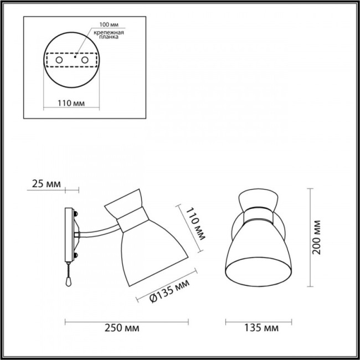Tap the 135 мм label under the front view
(260, 328)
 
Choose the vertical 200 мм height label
(316, 238)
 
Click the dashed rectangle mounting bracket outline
(71, 59)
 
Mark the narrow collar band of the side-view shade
(132, 223)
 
